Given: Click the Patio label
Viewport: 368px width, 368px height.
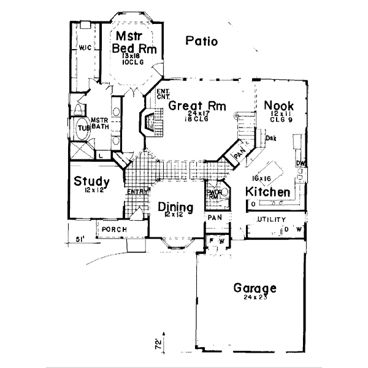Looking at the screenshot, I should tap(202, 42).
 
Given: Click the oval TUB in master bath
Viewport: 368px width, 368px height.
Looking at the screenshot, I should tap(83, 128).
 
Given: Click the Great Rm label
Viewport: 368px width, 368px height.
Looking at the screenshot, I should tap(190, 105).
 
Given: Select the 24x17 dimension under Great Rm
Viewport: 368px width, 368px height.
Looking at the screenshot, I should tap(191, 114).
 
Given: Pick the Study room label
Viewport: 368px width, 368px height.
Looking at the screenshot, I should tap(92, 182).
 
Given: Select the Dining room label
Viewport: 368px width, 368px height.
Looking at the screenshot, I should tap(175, 207).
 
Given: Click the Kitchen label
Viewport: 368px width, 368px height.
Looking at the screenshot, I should tap(268, 192).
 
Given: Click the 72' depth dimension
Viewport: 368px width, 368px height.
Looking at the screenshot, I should tap(161, 341).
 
